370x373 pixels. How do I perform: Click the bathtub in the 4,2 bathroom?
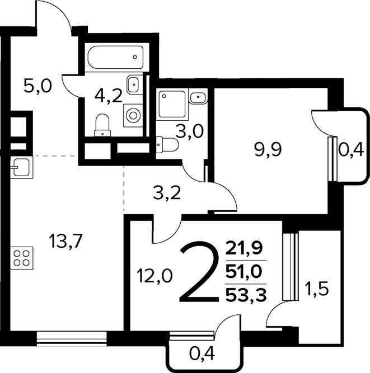(x=115, y=57)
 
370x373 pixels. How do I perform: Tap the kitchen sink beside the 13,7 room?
(x=21, y=167)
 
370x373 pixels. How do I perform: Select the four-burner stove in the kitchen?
(x=21, y=258)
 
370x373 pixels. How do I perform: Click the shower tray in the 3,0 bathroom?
(x=172, y=104)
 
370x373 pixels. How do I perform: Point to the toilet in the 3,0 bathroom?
(x=167, y=145)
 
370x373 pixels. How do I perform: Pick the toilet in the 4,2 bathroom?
(x=102, y=125)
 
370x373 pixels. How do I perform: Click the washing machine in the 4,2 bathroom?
(x=133, y=116)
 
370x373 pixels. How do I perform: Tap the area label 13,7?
(x=65, y=241)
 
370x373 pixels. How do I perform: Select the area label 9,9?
(x=268, y=150)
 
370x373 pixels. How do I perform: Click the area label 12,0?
(x=154, y=276)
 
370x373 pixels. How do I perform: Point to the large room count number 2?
(x=199, y=272)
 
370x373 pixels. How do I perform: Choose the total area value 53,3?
(x=246, y=296)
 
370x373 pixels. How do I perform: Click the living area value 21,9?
(x=244, y=248)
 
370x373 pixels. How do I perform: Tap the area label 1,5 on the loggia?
(x=316, y=289)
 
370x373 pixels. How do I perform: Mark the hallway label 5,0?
(x=38, y=86)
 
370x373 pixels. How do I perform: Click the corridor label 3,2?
(x=167, y=193)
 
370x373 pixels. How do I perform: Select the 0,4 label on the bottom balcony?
(x=202, y=354)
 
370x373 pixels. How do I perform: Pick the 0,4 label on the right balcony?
(x=351, y=150)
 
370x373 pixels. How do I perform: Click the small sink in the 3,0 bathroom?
(x=198, y=97)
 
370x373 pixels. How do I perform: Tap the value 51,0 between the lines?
(x=244, y=272)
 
